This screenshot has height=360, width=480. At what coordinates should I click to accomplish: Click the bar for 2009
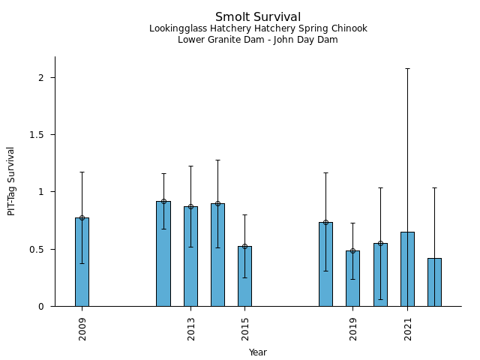pos(82,262)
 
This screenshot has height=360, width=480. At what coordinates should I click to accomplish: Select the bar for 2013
pos(190,256)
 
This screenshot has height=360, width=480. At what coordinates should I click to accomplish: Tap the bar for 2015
pos(244,276)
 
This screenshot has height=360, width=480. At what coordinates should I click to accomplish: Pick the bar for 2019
pos(352,278)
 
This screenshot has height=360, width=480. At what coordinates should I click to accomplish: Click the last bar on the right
pos(434,282)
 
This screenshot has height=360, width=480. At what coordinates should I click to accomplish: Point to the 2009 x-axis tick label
pos(82,328)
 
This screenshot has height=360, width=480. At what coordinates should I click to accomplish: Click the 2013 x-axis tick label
pos(190,328)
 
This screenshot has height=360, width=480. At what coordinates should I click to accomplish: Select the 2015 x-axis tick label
pos(245,328)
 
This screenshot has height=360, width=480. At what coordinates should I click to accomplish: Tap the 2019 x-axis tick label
pos(353,328)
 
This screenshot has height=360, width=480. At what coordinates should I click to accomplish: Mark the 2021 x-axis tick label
pos(408,328)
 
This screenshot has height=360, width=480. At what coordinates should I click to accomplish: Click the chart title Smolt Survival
pos(258,17)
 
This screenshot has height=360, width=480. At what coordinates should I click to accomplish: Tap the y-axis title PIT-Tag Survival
pos(11,181)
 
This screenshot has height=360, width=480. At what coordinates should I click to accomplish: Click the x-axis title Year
pos(258,352)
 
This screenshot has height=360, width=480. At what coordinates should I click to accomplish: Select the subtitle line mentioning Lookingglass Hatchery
pos(258,29)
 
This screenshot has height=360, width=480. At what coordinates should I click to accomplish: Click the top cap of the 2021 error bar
pos(407,68)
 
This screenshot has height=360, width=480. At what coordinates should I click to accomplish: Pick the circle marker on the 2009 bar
pos(82,217)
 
